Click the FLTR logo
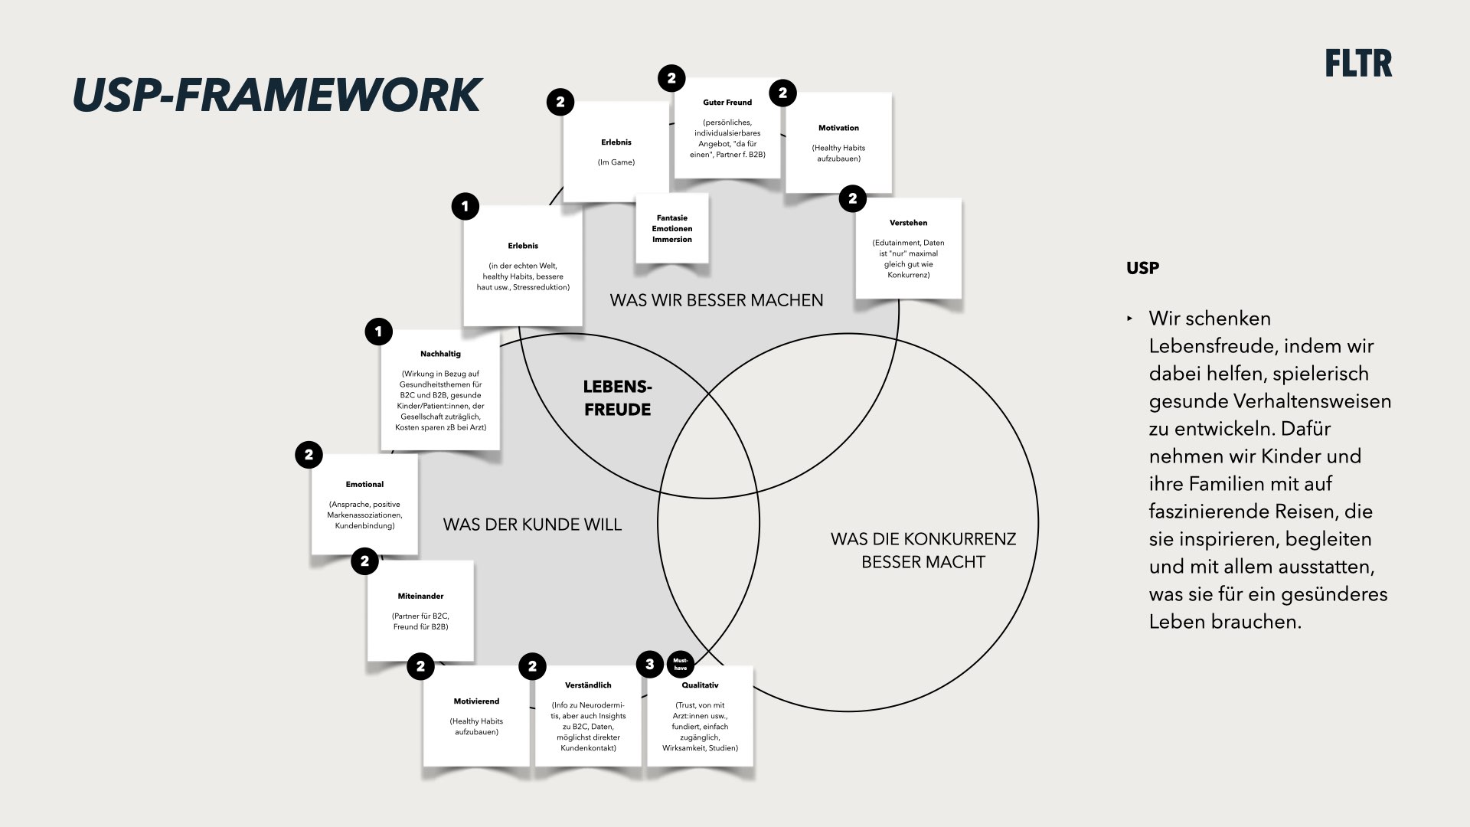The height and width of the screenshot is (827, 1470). pyautogui.click(x=1358, y=64)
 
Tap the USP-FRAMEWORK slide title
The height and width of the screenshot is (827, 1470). pyautogui.click(x=276, y=95)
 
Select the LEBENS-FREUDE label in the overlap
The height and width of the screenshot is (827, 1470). pyautogui.click(x=617, y=398)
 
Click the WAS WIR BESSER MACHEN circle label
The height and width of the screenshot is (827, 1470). pyautogui.click(x=717, y=300)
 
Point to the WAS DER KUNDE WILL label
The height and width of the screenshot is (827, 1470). pyautogui.click(x=532, y=525)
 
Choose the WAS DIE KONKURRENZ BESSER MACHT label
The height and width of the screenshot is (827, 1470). pyautogui.click(x=923, y=550)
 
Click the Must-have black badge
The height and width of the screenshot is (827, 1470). pyautogui.click(x=681, y=664)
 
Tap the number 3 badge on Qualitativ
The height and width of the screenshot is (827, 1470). pyautogui.click(x=650, y=664)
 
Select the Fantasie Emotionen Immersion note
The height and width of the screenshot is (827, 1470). pyautogui.click(x=672, y=228)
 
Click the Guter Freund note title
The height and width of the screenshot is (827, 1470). pyautogui.click(x=727, y=103)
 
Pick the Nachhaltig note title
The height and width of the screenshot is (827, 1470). pyautogui.click(x=440, y=354)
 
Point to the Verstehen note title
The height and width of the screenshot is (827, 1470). pyautogui.click(x=908, y=223)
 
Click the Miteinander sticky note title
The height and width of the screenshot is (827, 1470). pyautogui.click(x=420, y=596)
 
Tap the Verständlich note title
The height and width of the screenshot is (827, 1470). pyautogui.click(x=588, y=685)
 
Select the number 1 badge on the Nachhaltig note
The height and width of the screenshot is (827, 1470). pyautogui.click(x=379, y=332)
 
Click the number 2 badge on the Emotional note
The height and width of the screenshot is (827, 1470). pyautogui.click(x=309, y=455)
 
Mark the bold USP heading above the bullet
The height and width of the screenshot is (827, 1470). pyautogui.click(x=1142, y=268)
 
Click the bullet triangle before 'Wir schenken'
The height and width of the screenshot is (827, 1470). pyautogui.click(x=1129, y=319)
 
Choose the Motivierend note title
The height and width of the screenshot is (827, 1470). pyautogui.click(x=476, y=701)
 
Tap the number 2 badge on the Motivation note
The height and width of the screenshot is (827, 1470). pyautogui.click(x=782, y=93)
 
